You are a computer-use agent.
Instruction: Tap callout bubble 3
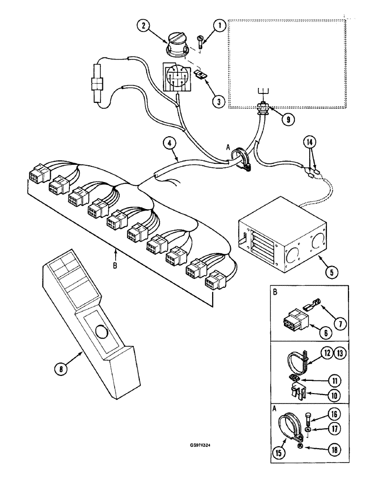point(217,101)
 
